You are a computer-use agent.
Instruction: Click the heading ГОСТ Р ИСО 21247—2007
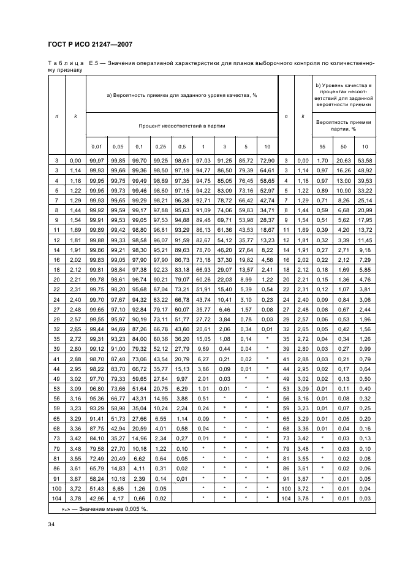[x=90, y=44]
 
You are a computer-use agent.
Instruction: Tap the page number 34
[x=51, y=523]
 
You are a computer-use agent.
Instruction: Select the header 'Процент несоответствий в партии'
[x=181, y=125]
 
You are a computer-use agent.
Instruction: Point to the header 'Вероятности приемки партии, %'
[x=344, y=125]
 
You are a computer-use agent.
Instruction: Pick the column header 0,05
[x=118, y=147]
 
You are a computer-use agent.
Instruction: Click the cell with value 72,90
[x=267, y=160]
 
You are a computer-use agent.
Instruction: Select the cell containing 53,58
[x=365, y=160]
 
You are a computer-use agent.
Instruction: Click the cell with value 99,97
[x=97, y=160]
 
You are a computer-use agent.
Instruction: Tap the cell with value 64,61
[x=267, y=169]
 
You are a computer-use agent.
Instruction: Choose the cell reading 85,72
[x=246, y=160]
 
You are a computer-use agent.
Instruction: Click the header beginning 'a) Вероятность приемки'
[x=181, y=95]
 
